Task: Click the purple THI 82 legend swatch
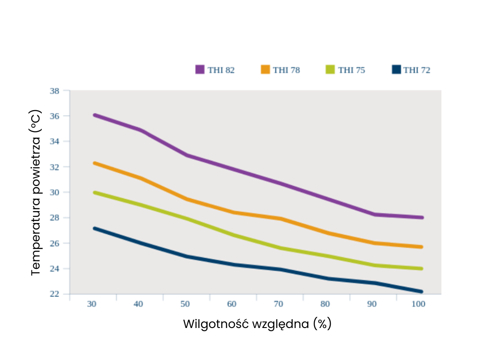coord(200,70)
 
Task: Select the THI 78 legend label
coord(286,70)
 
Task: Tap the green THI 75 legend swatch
coord(330,70)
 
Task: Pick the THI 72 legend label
coord(417,70)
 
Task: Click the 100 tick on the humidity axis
coord(418,304)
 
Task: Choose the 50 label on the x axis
coord(185,304)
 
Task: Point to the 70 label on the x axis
coord(279,304)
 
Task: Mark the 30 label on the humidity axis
coord(92,304)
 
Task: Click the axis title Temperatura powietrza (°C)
coord(36,192)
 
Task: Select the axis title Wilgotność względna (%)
coord(257,324)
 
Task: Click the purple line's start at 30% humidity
coord(95,115)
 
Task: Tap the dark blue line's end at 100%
coord(421,292)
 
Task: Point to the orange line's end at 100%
coord(421,247)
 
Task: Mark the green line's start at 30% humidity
coord(95,192)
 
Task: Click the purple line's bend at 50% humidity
coord(187,155)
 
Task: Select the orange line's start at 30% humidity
coord(95,163)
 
